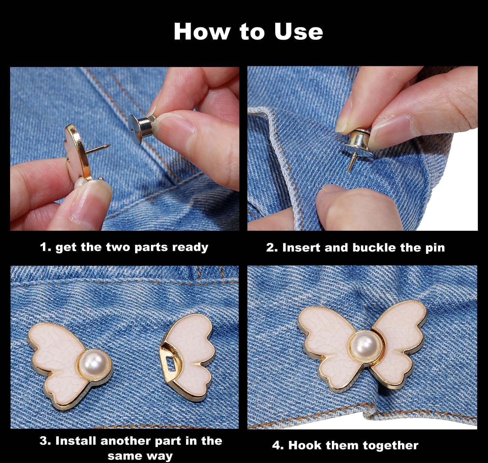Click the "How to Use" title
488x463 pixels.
pos(248,32)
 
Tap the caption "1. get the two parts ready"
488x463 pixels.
pos(124,247)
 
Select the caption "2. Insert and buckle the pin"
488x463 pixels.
pos(355,247)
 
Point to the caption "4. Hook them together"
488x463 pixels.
pos(345,445)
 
